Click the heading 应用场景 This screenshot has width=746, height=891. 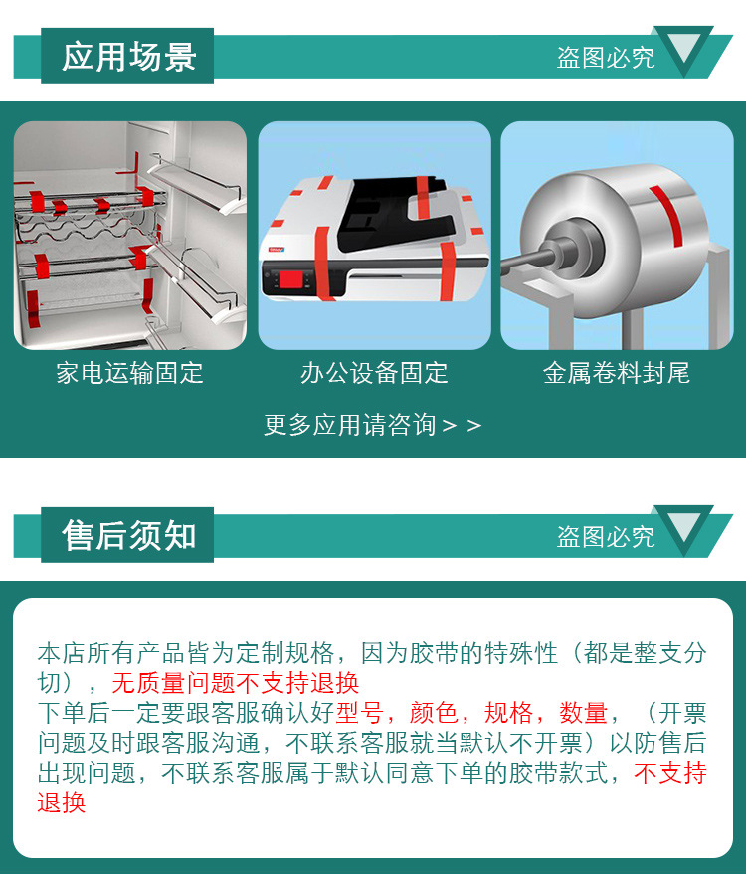click(x=129, y=57)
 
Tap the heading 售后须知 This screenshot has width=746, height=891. click(x=129, y=535)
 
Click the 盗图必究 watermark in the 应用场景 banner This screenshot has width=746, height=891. click(x=606, y=58)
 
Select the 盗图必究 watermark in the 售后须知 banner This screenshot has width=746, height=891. click(x=606, y=536)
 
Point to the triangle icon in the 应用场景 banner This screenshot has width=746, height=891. click(x=683, y=48)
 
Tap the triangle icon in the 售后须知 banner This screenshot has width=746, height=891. click(x=683, y=527)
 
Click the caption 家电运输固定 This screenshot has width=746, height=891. click(x=129, y=373)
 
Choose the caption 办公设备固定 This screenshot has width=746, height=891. click(x=374, y=373)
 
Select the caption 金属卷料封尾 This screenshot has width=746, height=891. click(x=617, y=373)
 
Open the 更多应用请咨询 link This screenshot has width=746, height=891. click(x=372, y=425)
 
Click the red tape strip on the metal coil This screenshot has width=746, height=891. click(x=666, y=215)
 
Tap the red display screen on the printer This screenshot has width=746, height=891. click(x=292, y=279)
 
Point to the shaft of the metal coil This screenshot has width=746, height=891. click(x=529, y=261)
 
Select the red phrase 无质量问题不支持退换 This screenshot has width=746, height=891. click(x=236, y=683)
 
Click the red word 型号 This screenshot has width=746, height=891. click(x=359, y=713)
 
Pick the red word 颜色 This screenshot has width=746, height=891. click(x=434, y=713)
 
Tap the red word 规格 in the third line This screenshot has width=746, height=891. click(x=508, y=713)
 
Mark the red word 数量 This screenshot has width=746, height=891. click(x=584, y=713)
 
